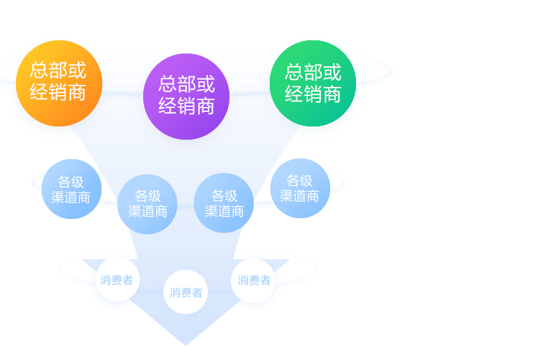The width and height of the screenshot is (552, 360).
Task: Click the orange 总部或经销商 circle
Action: pyautogui.click(x=58, y=82)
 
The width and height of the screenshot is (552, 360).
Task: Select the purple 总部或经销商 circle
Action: pyautogui.click(x=186, y=95)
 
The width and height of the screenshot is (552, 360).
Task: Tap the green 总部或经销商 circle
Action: pyautogui.click(x=313, y=83)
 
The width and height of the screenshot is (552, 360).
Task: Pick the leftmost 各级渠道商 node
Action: pyautogui.click(x=71, y=189)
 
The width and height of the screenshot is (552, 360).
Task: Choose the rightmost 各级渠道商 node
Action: pyautogui.click(x=300, y=188)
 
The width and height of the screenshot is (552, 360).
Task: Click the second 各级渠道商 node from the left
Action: pyautogui.click(x=148, y=204)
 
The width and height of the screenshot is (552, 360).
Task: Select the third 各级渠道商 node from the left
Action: pyautogui.click(x=225, y=203)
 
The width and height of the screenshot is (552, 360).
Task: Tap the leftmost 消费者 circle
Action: pyautogui.click(x=116, y=280)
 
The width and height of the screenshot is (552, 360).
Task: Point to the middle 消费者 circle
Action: pyautogui.click(x=186, y=292)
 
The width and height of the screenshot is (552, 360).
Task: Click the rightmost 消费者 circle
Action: pyautogui.click(x=254, y=280)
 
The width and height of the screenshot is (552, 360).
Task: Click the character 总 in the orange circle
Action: pyautogui.click(x=39, y=71)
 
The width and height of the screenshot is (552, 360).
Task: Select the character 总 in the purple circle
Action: pyautogui.click(x=168, y=84)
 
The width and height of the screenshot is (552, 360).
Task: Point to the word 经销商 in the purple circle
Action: pyautogui.click(x=186, y=106)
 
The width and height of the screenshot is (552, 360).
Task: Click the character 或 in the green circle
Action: pyautogui.click(x=332, y=72)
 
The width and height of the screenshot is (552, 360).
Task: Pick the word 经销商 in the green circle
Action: pyautogui.click(x=313, y=94)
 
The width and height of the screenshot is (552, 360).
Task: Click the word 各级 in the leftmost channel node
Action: pyautogui.click(x=71, y=182)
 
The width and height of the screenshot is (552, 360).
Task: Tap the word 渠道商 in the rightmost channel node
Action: pyautogui.click(x=300, y=196)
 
